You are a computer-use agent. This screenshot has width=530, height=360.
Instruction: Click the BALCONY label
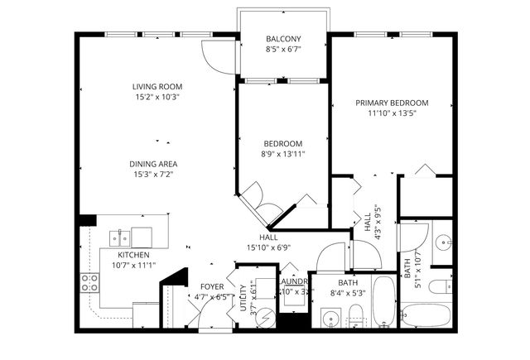pyautogui.click(x=283, y=39)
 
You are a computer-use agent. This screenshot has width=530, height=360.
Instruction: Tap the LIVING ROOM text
pyautogui.click(x=157, y=86)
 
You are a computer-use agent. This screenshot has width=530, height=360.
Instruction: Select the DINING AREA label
pyautogui.click(x=156, y=164)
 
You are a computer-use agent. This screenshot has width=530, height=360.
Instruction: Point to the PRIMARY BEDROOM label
pyautogui.click(x=392, y=103)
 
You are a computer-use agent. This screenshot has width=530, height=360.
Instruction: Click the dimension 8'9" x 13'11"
pyautogui.click(x=283, y=154)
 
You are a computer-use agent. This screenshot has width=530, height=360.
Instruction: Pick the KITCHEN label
pyautogui.click(x=132, y=255)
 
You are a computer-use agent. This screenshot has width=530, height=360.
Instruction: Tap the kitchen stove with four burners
pyautogui.click(x=89, y=282)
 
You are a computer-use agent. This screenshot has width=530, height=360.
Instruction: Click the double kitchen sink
pyautogui.click(x=121, y=238)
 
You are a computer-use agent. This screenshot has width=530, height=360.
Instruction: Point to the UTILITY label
pyautogui.click(x=243, y=295)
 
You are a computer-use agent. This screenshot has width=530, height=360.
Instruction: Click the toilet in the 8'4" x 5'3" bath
pyautogui.click(x=355, y=315)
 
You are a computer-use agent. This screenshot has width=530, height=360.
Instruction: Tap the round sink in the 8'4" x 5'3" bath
pyautogui.click(x=331, y=317)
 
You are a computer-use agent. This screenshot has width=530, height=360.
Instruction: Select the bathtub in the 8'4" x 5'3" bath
pyautogui.click(x=383, y=303)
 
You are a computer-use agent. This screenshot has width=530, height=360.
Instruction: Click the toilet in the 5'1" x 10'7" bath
pyautogui.click(x=441, y=287)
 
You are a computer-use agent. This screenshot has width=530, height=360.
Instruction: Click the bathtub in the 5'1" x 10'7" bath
pyautogui.click(x=426, y=315)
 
